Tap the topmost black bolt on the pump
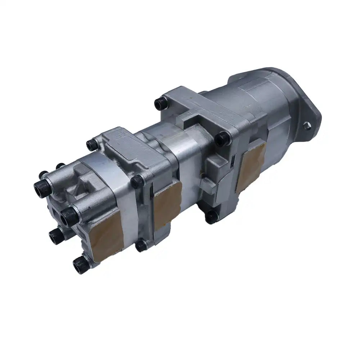[160, 104]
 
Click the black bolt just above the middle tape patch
[138, 181]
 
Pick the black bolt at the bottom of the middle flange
[141, 246]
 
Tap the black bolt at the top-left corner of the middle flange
[92, 145]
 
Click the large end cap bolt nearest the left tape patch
[69, 216]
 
